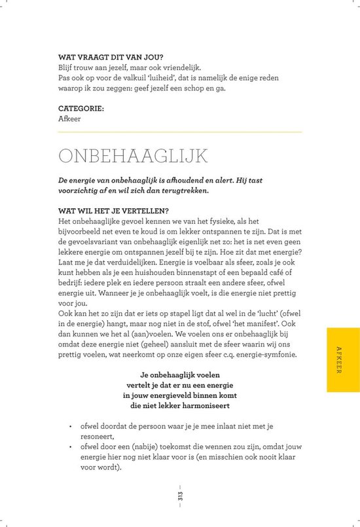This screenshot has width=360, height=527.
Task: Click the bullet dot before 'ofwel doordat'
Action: click(x=69, y=426)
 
